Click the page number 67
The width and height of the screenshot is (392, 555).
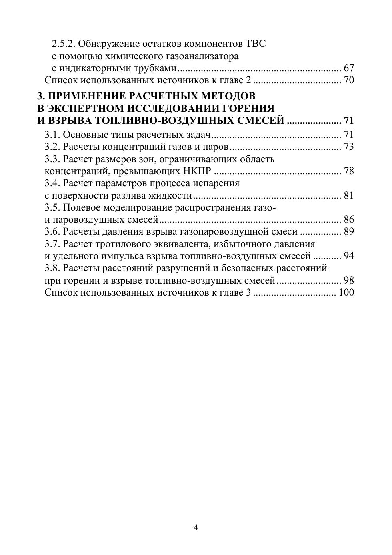[349, 68]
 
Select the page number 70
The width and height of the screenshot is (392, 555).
[349, 80]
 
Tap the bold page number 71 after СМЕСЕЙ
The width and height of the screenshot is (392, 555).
[349, 121]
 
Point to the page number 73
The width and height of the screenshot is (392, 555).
[349, 147]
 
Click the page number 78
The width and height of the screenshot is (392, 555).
[349, 171]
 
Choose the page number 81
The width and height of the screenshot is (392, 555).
[349, 195]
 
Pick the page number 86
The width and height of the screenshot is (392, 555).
[349, 219]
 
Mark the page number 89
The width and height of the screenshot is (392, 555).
[349, 231]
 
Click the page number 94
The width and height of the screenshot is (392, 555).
[349, 256]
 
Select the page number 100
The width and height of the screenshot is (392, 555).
[346, 292]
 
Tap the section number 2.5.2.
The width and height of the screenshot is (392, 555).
[64, 44]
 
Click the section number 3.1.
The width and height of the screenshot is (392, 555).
[52, 135]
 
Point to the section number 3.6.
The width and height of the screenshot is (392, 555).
[52, 231]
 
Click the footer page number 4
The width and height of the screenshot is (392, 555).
[196, 527]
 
